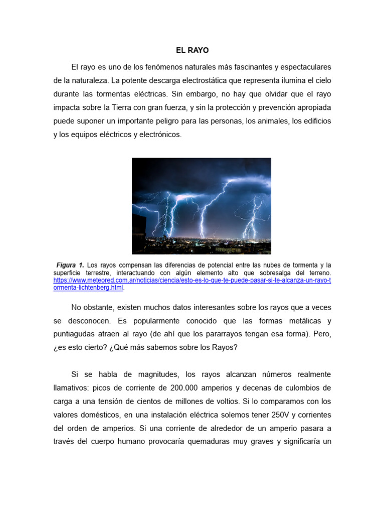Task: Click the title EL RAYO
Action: point(192,51)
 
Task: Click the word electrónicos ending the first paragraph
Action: point(157,135)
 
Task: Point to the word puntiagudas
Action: point(75,334)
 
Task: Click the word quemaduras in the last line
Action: point(221,442)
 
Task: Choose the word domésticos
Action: point(96,415)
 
